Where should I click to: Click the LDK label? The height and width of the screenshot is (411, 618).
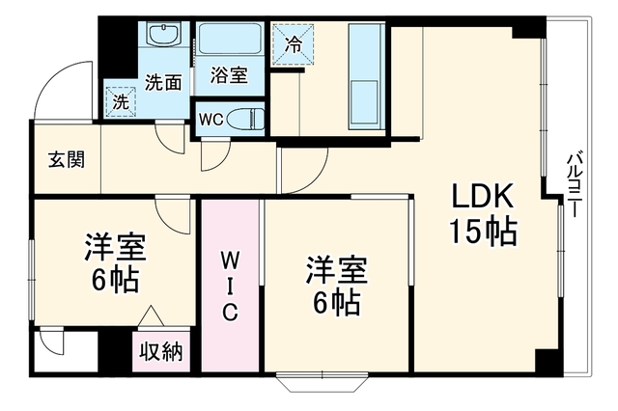[x=483, y=196]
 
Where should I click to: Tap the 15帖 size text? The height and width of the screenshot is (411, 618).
[x=483, y=232]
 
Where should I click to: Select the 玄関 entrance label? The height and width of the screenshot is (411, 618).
[x=67, y=159]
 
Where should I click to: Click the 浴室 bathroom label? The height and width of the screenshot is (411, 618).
[x=229, y=75]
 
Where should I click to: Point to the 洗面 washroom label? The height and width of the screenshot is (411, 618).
[x=163, y=82]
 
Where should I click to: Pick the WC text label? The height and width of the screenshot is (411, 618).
[x=211, y=120]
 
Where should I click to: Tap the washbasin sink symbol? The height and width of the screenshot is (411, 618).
[x=163, y=34]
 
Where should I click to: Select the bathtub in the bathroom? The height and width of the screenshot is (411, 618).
[x=230, y=39]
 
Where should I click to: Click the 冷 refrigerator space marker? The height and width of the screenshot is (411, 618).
[x=293, y=43]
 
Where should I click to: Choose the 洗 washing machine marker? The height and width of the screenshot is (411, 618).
[x=121, y=102]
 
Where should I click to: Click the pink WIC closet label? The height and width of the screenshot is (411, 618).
[x=230, y=286]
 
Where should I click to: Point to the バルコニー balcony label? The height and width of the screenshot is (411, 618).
[x=574, y=185]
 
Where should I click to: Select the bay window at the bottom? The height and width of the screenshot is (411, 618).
[x=323, y=381]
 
